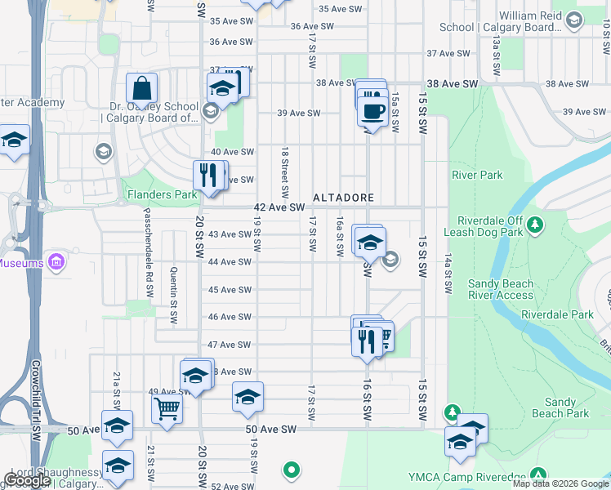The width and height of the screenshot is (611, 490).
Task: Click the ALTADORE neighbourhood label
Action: tap(343, 198)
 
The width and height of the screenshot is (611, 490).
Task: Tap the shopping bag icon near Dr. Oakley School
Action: tap(142, 88)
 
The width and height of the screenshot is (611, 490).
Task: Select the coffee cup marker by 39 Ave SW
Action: tap(373, 112)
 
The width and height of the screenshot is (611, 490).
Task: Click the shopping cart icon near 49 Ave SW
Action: tap(167, 408)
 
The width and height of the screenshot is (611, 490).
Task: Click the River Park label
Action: tap(477, 175)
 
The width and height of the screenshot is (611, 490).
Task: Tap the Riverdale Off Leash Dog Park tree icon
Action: tap(535, 223)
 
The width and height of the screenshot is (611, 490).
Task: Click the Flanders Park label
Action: tap(162, 195)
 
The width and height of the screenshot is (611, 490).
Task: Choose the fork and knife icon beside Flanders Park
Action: tap(207, 175)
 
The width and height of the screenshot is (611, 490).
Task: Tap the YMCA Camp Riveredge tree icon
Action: tap(537, 474)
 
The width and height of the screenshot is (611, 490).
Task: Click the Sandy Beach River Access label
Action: tap(501, 289)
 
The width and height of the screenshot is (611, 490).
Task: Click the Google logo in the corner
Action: tap(27, 480)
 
